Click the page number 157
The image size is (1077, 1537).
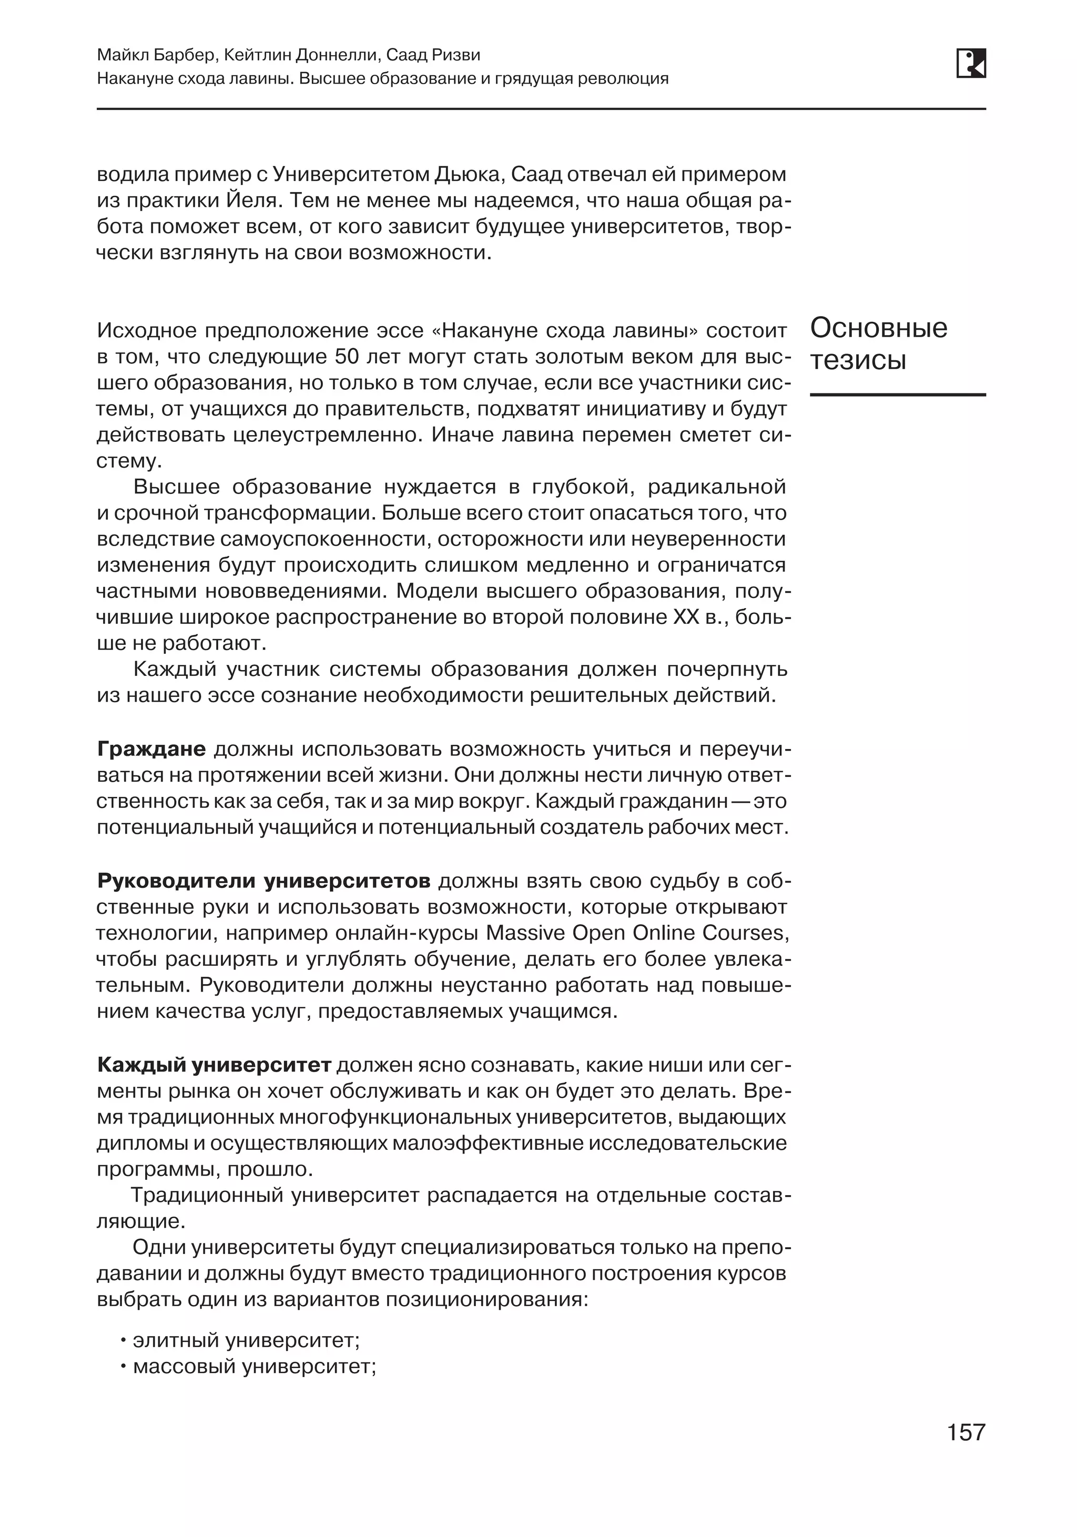(966, 1432)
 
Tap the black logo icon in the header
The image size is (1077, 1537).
(971, 64)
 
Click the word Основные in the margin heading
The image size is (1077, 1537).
(878, 328)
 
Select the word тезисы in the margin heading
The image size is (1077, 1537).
(858, 360)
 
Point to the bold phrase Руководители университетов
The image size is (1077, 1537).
(263, 881)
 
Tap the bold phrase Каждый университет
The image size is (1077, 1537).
(214, 1065)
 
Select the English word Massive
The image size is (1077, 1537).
(522, 933)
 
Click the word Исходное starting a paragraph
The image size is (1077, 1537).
(146, 331)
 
